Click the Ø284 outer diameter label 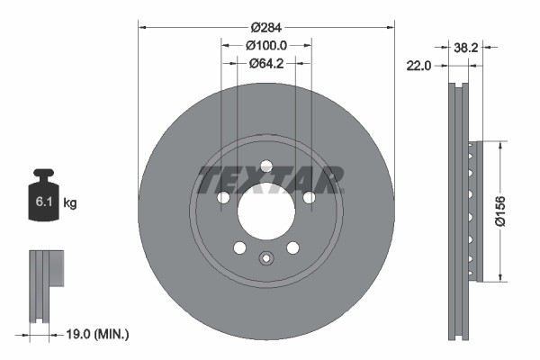(265, 17)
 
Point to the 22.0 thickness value (420, 65)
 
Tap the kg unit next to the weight (70, 204)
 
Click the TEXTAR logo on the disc (268, 179)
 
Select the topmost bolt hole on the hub (265, 166)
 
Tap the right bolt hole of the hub (309, 197)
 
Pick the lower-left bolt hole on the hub (239, 247)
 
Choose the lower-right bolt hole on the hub (292, 247)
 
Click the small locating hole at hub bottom (265, 259)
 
